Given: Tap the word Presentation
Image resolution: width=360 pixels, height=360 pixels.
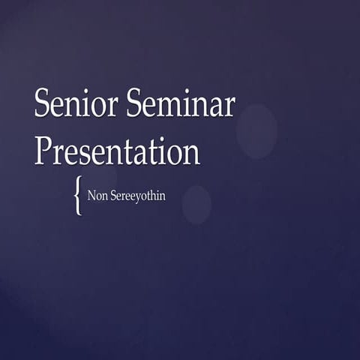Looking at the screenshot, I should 117,151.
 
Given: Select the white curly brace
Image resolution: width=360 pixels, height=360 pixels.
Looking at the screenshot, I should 78,196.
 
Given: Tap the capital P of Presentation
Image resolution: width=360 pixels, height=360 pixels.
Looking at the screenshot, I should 43,151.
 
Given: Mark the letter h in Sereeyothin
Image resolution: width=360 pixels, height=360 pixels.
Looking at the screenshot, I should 152,196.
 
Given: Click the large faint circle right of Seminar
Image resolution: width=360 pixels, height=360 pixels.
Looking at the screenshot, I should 256,130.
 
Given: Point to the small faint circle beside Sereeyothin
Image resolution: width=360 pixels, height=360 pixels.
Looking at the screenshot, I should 196,204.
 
